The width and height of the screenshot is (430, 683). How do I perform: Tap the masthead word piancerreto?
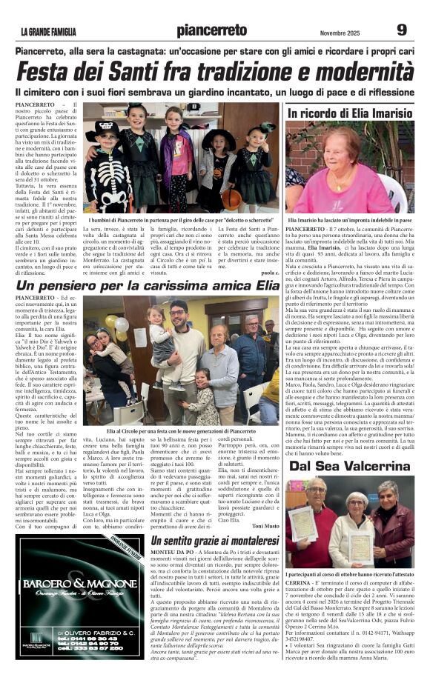(x=212, y=30)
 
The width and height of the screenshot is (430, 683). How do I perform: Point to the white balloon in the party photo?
(x=122, y=324)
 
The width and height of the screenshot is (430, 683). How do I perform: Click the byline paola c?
(x=268, y=273)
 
